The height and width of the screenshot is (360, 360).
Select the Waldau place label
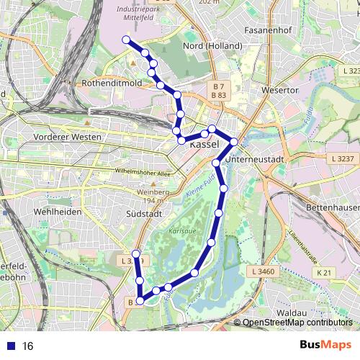(292, 313)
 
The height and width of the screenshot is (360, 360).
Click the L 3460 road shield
(266, 271)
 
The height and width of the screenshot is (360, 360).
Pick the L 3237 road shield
(343, 158)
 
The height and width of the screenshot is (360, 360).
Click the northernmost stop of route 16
(127, 40)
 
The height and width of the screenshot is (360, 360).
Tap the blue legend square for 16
(11, 346)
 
